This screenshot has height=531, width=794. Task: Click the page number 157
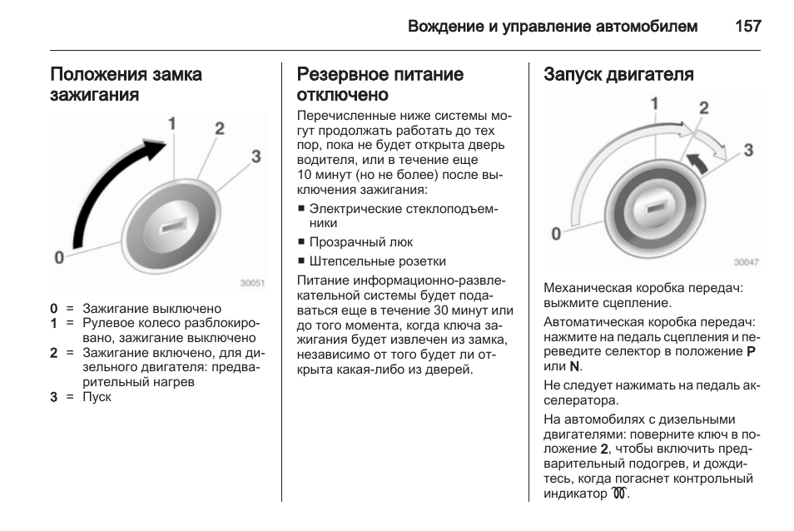click(747, 26)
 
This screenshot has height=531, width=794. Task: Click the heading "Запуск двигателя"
click(618, 75)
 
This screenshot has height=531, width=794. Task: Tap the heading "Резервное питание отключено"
click(380, 84)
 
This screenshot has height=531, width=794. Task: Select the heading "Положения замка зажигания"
click(126, 84)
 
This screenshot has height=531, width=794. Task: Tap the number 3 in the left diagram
click(256, 156)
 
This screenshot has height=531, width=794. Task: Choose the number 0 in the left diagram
click(59, 257)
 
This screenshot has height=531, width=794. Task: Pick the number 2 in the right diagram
click(704, 108)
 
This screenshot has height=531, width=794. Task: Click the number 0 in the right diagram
click(556, 234)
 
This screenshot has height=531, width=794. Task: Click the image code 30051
click(252, 283)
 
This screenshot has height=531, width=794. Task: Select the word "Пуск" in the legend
click(97, 397)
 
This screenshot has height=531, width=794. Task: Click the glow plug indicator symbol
click(617, 494)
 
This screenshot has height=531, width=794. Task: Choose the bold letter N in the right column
click(574, 366)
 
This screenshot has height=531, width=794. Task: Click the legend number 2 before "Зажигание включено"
click(53, 353)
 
